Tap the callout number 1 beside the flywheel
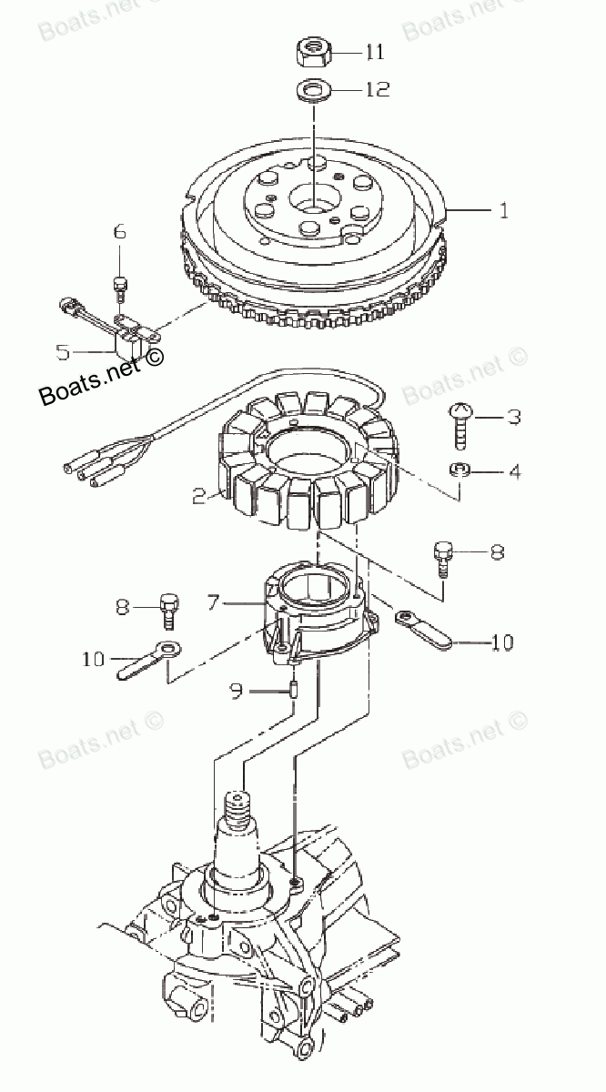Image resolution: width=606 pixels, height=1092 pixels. click(503, 210)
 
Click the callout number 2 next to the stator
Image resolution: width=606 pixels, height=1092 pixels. click(198, 497)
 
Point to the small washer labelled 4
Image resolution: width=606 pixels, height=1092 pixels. click(460, 470)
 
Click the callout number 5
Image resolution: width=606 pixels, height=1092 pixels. click(62, 349)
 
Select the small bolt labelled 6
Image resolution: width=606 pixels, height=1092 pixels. click(118, 288)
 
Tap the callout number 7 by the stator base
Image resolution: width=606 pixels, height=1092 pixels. click(213, 602)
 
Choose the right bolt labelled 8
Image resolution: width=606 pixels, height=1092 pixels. click(443, 554)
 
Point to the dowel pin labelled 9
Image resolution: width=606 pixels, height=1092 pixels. click(294, 689)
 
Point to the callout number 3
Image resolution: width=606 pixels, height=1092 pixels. click(514, 418)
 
